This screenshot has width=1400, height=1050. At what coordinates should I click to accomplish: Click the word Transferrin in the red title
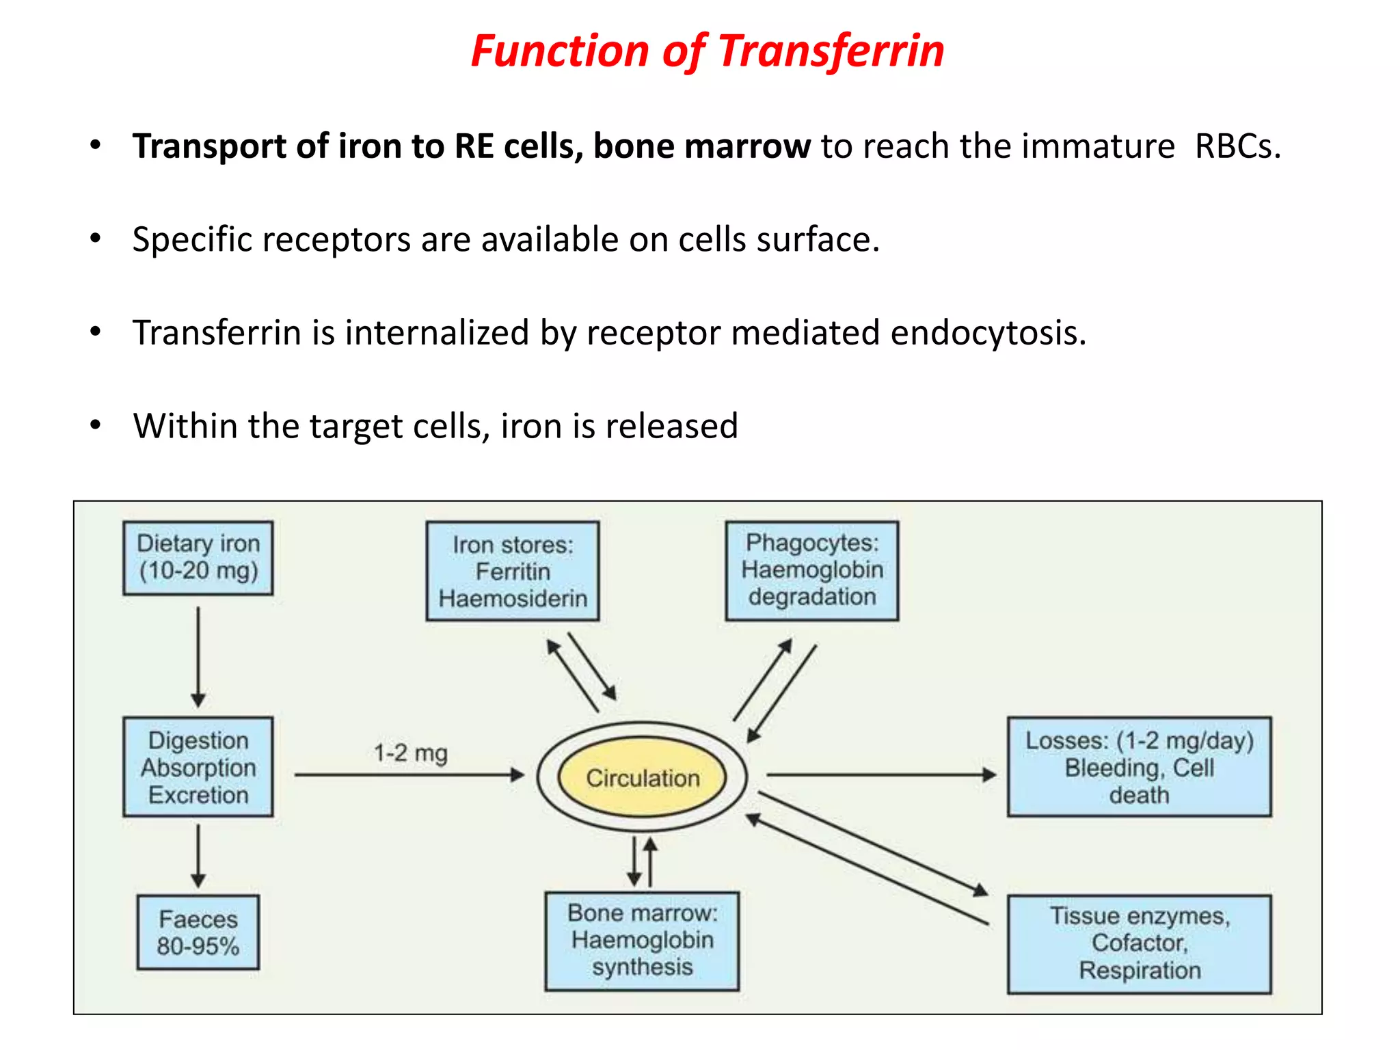tap(831, 51)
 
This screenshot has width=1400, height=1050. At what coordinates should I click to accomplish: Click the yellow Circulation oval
tap(642, 778)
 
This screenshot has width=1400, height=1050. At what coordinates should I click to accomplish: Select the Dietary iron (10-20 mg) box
tap(198, 558)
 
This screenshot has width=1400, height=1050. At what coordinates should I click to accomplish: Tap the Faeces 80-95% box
tap(198, 932)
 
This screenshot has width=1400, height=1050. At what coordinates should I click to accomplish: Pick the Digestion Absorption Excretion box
tap(198, 767)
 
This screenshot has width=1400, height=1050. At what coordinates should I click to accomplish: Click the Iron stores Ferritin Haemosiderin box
tap(513, 571)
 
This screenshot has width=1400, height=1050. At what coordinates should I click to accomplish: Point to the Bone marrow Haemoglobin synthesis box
tap(642, 941)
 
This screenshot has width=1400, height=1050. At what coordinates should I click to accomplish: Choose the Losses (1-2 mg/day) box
tap(1140, 767)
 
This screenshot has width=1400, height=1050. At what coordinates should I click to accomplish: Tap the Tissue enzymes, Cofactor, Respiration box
tap(1140, 943)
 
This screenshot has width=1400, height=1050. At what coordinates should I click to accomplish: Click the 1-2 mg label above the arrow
tap(410, 753)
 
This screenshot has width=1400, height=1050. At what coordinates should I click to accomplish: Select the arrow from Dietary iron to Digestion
tap(198, 656)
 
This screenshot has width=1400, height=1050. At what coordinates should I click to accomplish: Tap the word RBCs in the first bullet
tap(1237, 147)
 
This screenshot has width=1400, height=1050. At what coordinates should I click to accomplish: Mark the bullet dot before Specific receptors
tap(96, 239)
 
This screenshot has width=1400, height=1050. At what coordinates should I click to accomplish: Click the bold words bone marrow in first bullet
tap(701, 147)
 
